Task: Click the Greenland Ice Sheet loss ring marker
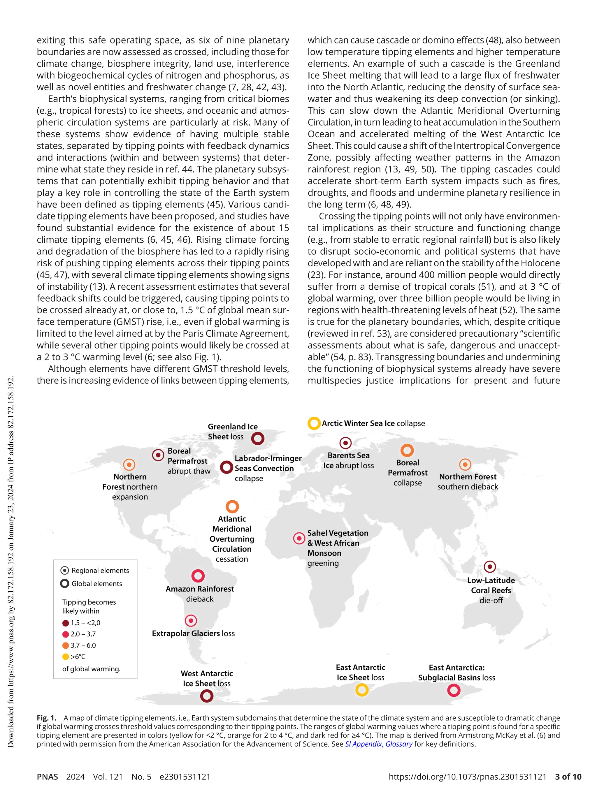point(258,439)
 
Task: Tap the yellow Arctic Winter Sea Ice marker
point(314,423)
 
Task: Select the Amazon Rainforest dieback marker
point(198,576)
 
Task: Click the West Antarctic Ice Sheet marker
point(207,695)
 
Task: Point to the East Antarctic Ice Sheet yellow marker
point(362,690)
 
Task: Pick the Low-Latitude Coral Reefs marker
point(490,567)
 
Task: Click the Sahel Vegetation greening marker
point(299,538)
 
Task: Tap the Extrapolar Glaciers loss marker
point(191,621)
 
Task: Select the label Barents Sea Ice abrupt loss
point(348,460)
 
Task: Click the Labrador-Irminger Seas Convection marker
point(226,467)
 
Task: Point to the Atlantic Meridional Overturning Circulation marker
point(232,506)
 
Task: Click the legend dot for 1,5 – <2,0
point(65,623)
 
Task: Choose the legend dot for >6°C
point(65,657)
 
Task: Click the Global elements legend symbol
point(65,584)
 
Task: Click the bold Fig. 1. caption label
point(47,718)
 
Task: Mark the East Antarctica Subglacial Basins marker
point(454,690)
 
